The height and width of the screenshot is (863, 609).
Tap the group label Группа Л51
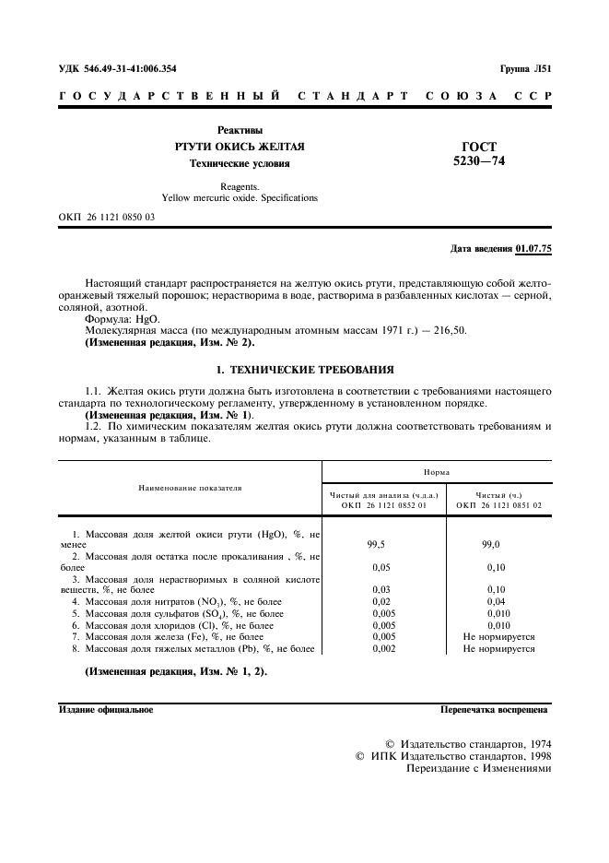point(525,68)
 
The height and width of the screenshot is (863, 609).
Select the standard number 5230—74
point(479,161)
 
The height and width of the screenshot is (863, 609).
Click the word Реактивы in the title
point(240,130)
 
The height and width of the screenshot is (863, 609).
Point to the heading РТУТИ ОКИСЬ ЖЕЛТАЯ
point(240,148)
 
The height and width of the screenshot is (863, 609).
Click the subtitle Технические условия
point(240,164)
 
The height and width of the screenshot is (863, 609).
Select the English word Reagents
point(240,185)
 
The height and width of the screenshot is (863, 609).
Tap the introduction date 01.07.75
point(534,248)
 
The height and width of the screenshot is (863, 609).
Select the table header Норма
point(437,471)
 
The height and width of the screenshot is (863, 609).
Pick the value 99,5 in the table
point(382,545)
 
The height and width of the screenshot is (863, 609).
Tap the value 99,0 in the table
point(498,545)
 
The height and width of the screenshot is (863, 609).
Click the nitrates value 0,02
point(382,601)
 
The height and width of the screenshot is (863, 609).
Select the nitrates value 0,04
point(498,601)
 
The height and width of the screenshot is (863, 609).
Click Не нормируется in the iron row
point(498,636)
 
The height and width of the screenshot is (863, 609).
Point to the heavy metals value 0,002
point(382,648)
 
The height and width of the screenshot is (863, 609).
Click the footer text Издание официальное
point(106,710)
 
